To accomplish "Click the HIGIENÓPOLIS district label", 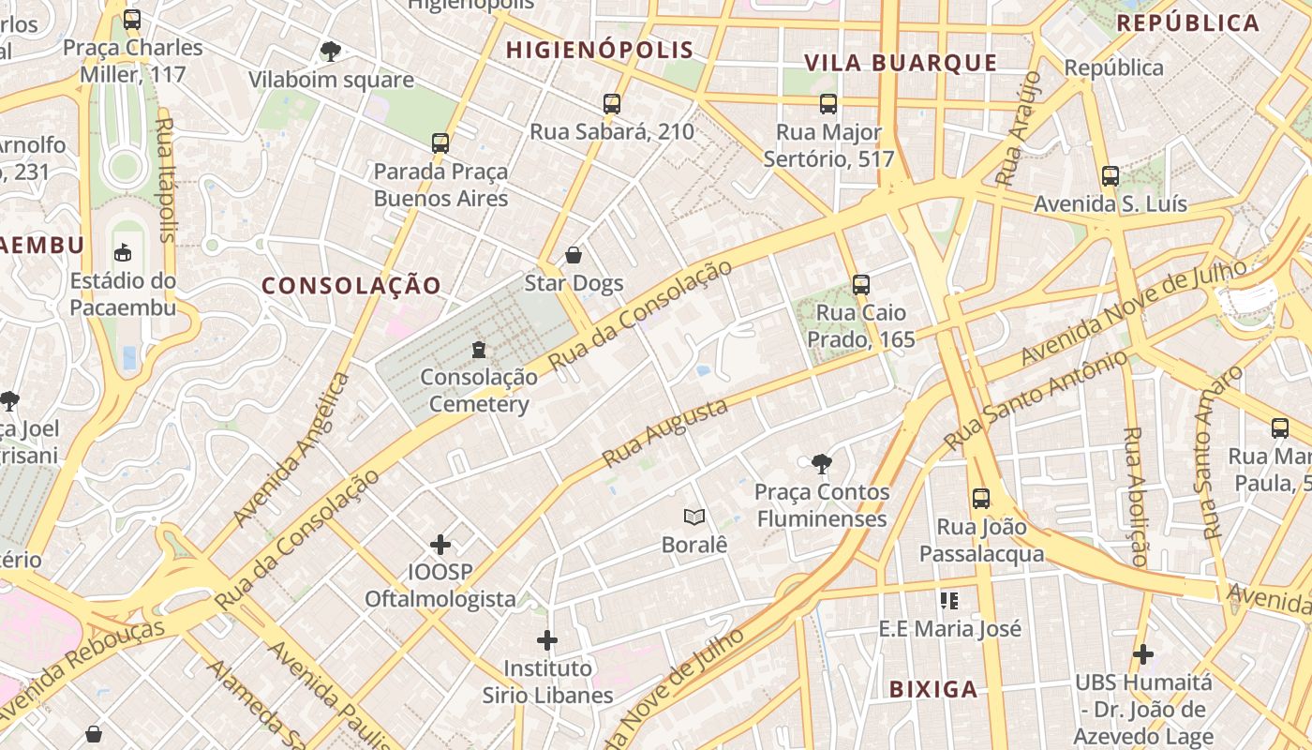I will (x=600, y=51).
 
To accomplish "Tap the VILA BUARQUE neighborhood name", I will (x=901, y=63).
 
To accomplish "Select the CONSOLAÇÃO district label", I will (x=351, y=286).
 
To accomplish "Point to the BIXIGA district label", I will (x=933, y=690).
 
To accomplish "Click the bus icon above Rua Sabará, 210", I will (x=612, y=104).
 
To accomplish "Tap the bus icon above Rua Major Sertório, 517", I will (x=828, y=104).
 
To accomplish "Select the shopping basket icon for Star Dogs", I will (x=574, y=255).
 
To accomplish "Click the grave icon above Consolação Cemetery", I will (x=479, y=350).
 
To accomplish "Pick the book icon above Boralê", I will (x=694, y=517).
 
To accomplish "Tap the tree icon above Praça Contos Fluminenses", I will (x=822, y=463).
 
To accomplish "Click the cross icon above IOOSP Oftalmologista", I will (x=440, y=545).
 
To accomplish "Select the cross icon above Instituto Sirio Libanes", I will (x=547, y=640).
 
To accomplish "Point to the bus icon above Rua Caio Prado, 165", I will (x=861, y=285).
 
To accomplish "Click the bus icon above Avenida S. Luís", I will (x=1111, y=176).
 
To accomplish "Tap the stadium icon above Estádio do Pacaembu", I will (x=123, y=252).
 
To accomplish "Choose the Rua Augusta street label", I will (x=664, y=433).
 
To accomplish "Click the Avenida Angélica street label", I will (x=291, y=449).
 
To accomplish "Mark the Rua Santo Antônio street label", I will (x=1036, y=400).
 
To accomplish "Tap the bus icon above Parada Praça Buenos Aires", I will (x=440, y=143).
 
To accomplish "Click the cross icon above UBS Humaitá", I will (x=1143, y=653).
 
